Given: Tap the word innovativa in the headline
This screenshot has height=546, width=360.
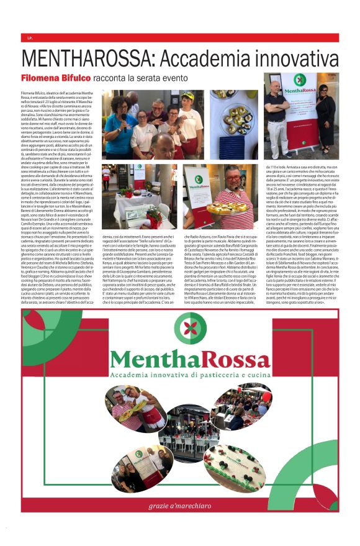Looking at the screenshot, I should pos(292,59).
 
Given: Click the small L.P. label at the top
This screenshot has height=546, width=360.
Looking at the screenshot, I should pos(30,38).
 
